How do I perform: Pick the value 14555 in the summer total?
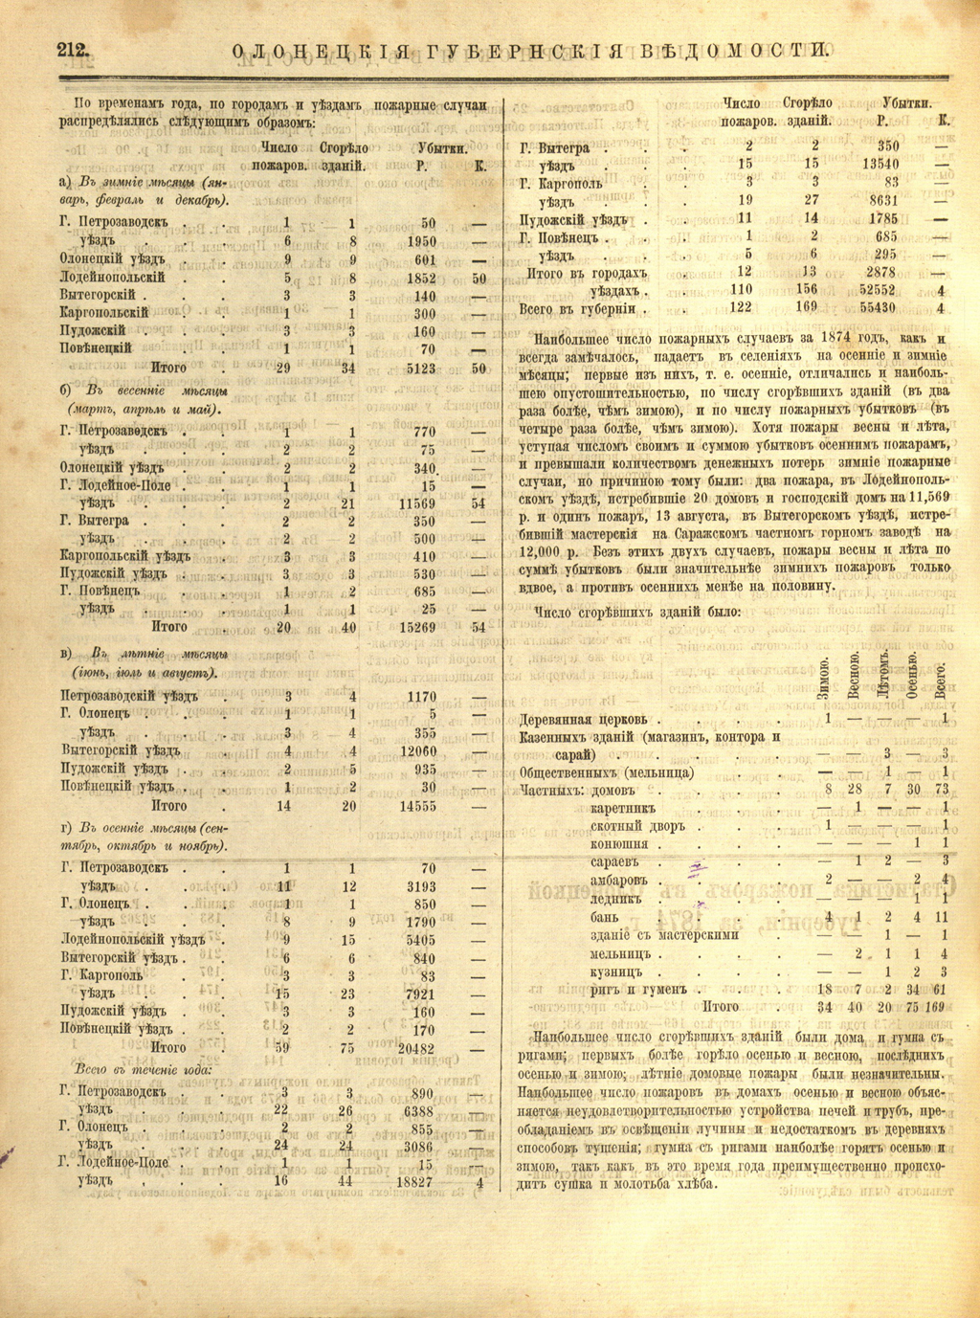418,806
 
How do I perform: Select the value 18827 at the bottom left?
414,1182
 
